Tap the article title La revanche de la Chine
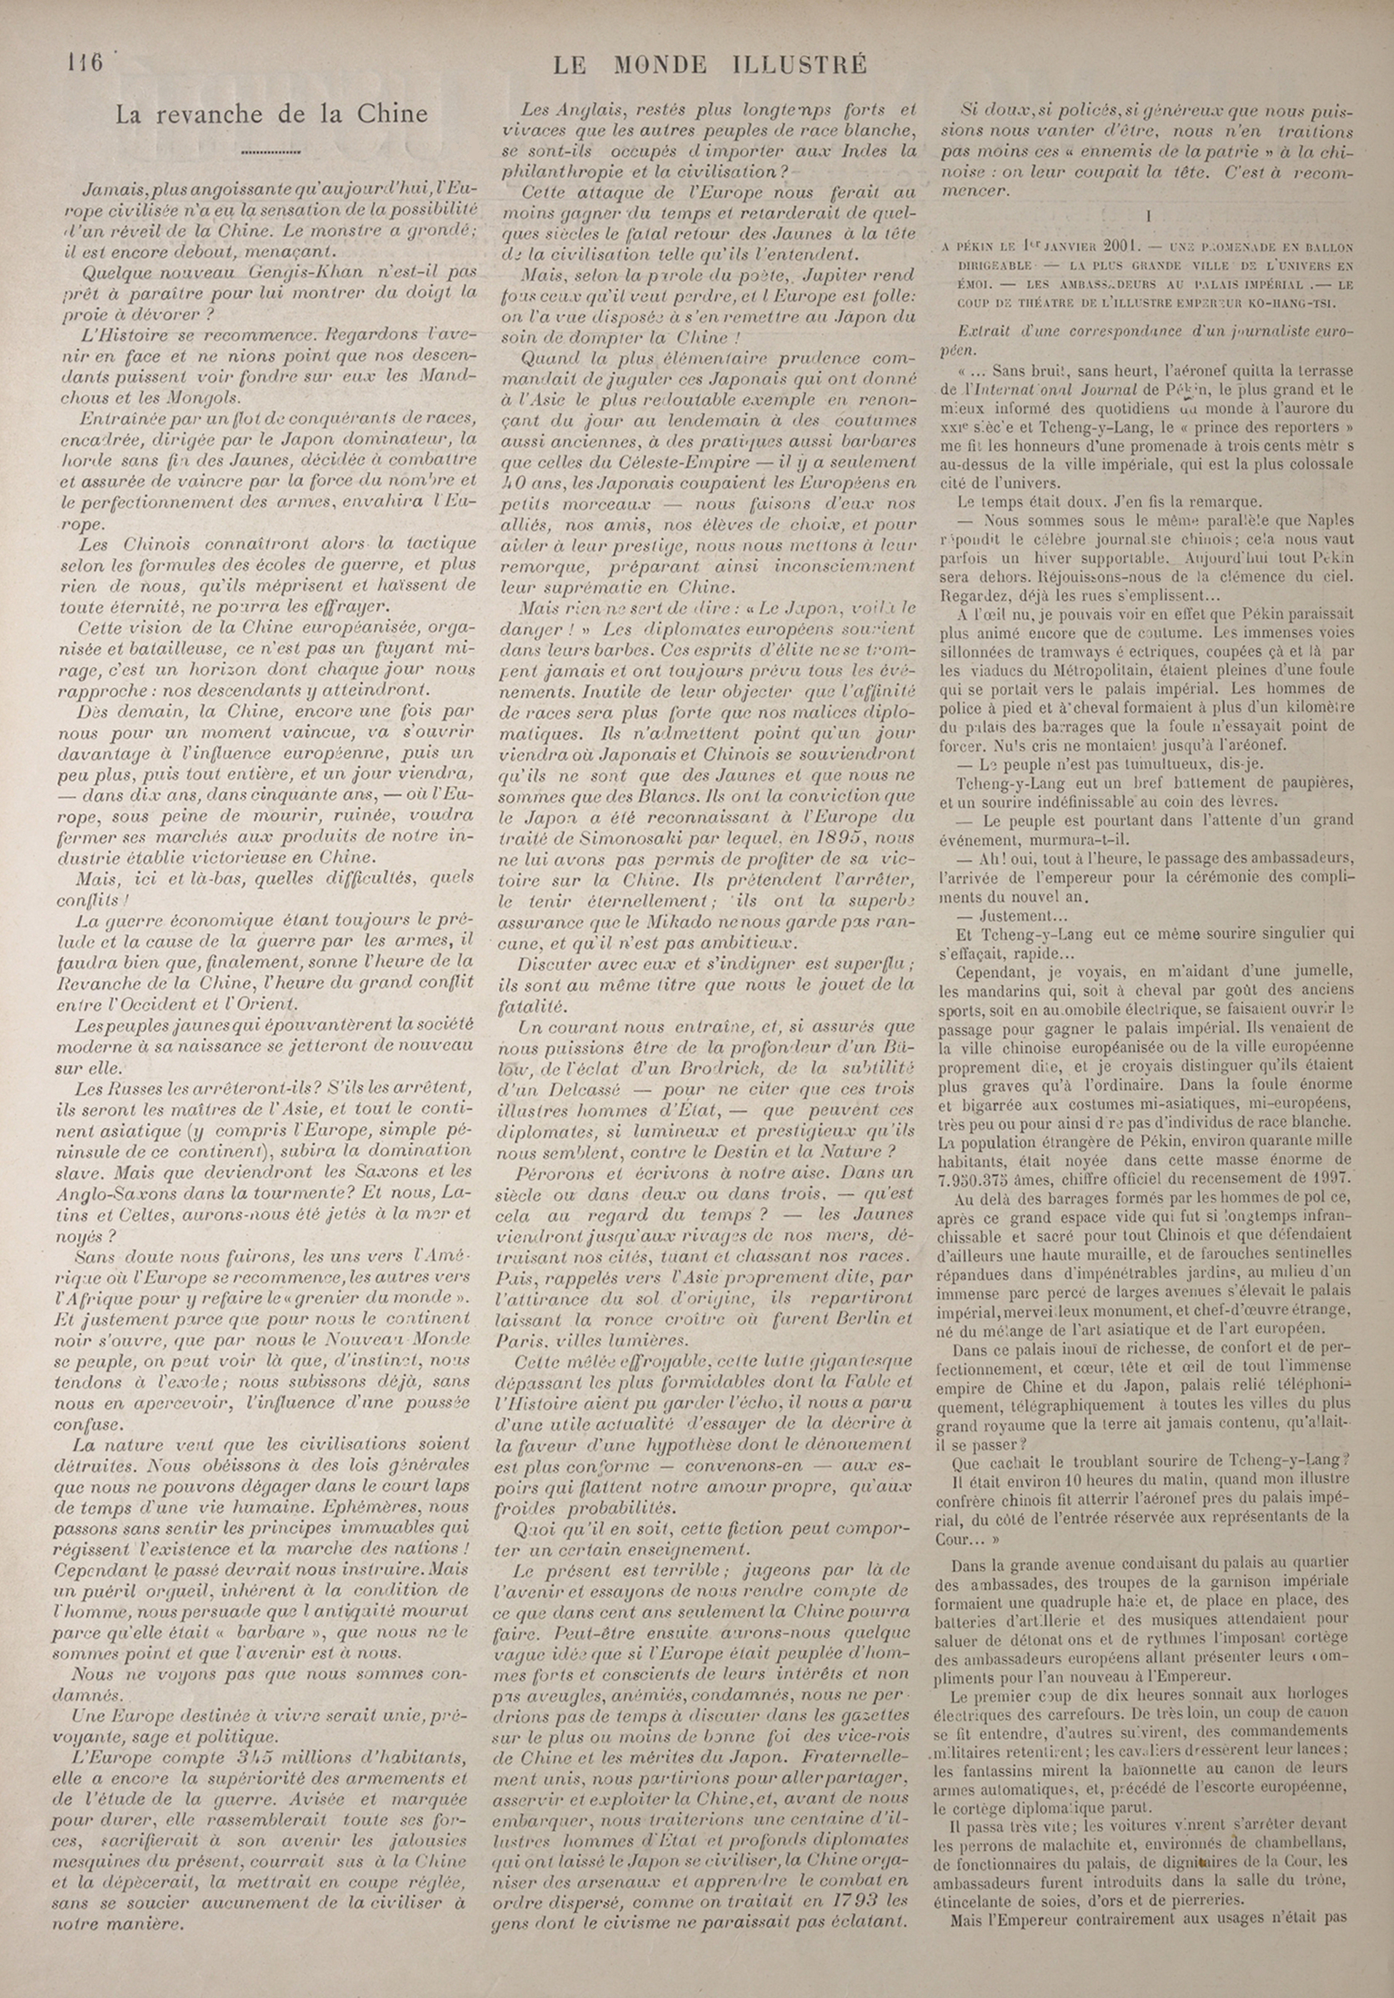point(272,114)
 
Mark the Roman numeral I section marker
point(1149,215)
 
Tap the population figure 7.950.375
point(982,1177)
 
